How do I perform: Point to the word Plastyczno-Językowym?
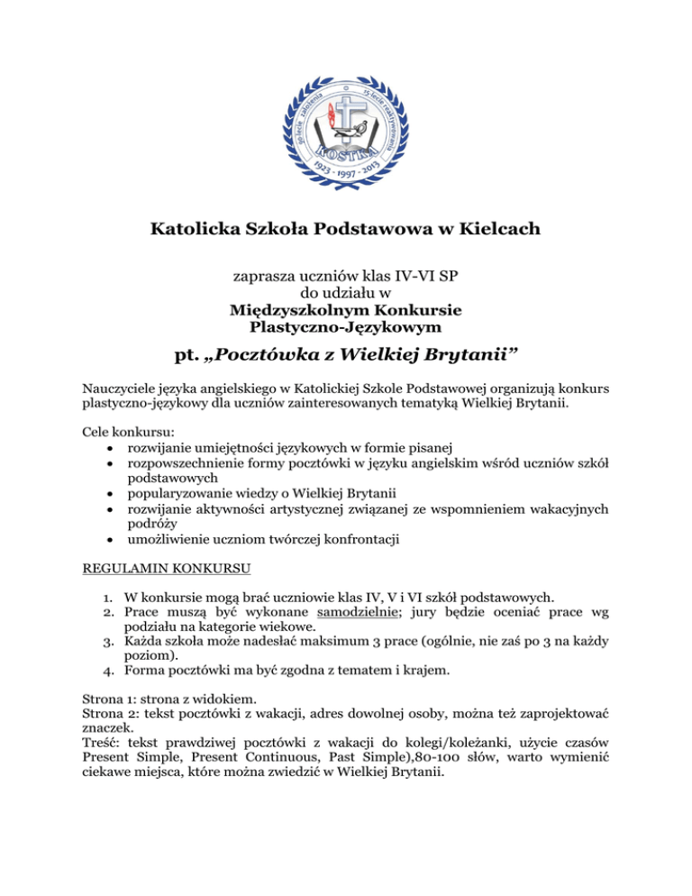click(346, 325)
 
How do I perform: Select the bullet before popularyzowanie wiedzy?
click(109, 493)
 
